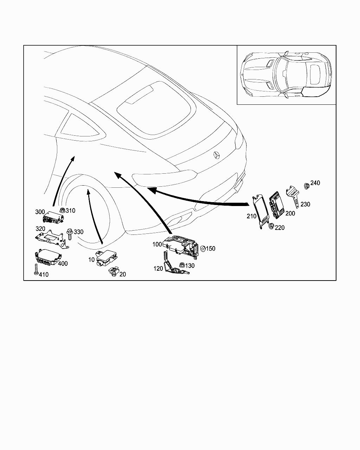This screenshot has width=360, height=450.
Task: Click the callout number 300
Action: tap(40, 212)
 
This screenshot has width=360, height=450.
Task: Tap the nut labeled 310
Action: tap(62, 210)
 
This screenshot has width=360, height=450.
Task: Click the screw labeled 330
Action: tap(70, 234)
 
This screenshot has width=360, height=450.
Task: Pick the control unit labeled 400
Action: tap(48, 257)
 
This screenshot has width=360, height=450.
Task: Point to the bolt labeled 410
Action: tap(36, 270)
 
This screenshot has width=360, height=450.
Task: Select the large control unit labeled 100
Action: tap(180, 245)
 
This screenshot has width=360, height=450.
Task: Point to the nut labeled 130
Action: tap(182, 265)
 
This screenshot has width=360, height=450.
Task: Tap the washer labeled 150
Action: tap(203, 249)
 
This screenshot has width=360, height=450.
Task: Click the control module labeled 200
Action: tap(276, 205)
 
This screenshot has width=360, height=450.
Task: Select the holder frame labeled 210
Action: tap(261, 211)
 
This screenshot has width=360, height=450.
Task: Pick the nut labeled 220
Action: tap(271, 226)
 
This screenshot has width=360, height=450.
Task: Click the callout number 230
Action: tap(305, 204)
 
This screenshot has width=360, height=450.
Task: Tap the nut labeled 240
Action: tap(307, 186)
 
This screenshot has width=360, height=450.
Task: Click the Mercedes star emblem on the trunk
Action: tap(217, 155)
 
